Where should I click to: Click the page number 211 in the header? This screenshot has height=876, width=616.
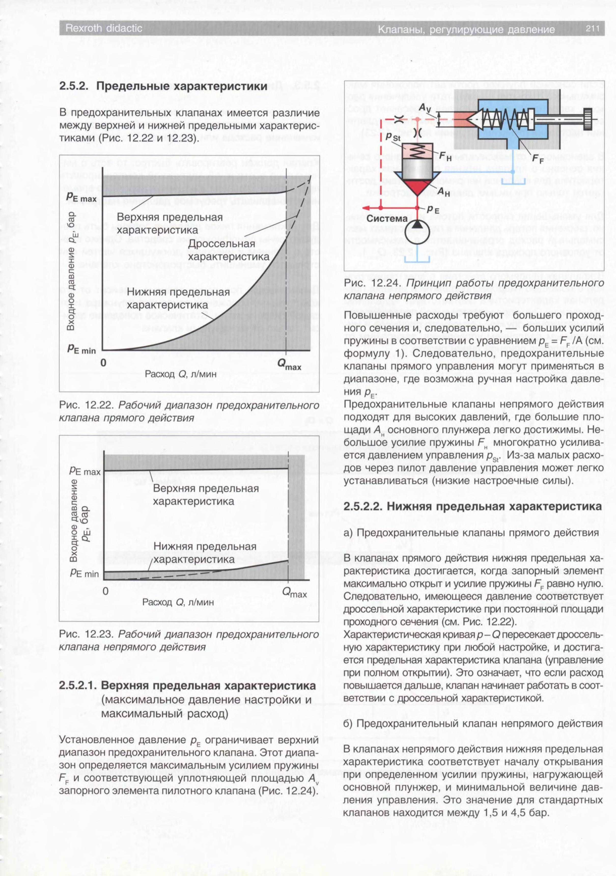(593, 29)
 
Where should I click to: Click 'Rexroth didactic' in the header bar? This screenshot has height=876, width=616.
(104, 28)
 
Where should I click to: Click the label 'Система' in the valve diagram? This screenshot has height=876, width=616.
(387, 219)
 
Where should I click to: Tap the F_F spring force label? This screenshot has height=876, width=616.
(538, 159)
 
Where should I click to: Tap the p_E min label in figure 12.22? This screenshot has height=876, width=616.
(81, 349)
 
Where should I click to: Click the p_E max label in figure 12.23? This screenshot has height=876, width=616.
(85, 472)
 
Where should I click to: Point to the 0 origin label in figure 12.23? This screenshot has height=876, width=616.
(106, 591)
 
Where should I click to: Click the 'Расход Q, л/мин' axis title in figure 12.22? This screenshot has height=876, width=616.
(180, 374)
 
